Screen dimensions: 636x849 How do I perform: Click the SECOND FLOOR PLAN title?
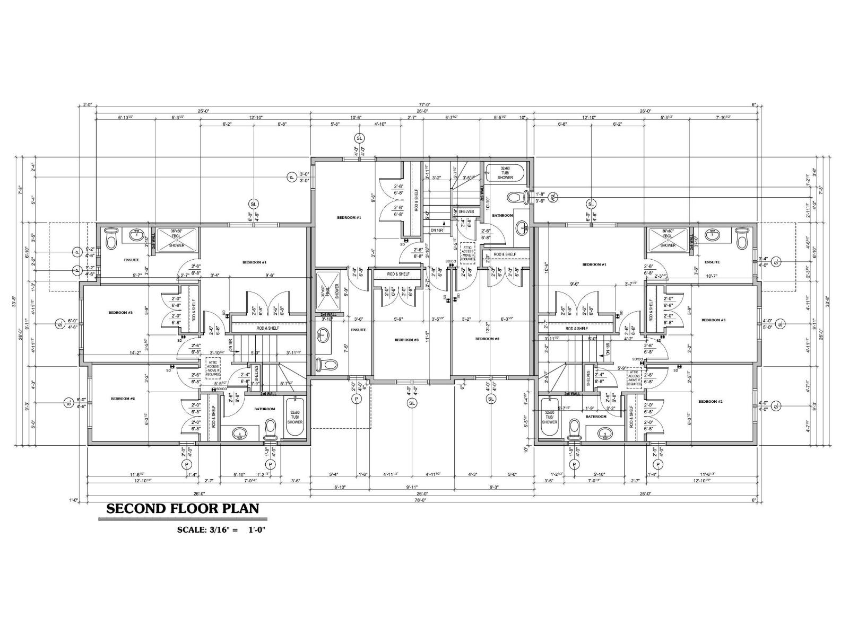point(183,509)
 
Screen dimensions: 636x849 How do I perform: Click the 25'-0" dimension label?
point(204,111)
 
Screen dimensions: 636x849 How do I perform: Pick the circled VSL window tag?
point(553,197)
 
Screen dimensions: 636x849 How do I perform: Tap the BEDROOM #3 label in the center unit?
point(406,340)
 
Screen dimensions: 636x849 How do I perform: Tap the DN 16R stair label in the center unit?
point(437,230)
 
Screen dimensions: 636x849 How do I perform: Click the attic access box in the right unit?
point(634,380)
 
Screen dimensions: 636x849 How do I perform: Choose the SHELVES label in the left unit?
point(256,376)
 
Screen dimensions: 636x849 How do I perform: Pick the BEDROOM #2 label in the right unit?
point(711,401)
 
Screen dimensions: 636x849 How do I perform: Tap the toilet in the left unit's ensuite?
point(111,240)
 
